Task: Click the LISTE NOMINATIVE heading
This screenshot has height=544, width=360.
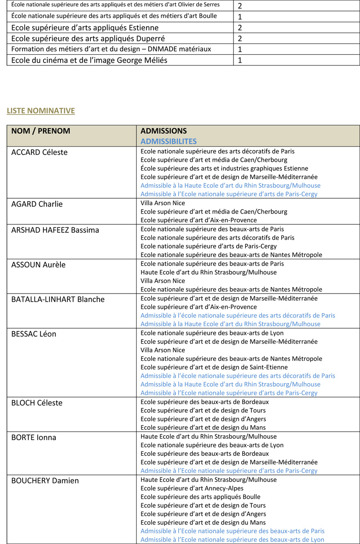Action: pos(41,111)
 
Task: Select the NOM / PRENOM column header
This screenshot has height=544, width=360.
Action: pos(40,131)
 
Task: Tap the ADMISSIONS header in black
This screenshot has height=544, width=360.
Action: pos(163,131)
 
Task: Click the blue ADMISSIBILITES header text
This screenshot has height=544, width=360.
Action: pos(168,141)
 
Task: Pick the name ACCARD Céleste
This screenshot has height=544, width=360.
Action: pos(40,152)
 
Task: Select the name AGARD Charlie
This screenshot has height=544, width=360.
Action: pos(37,204)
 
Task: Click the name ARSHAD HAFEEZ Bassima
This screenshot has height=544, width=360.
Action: pos(55,230)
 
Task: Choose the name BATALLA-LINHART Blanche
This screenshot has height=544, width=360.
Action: pos(58,299)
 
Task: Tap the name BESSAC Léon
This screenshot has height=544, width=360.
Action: pos(34,334)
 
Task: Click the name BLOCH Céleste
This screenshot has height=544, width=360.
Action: pos(37,403)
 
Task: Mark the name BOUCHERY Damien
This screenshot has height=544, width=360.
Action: pos(45,481)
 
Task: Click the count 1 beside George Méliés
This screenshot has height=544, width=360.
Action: pos(240,60)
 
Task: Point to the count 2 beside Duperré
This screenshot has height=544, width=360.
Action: pos(240,38)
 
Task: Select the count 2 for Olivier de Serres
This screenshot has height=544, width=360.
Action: pos(240,6)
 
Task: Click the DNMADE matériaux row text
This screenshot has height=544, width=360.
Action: pos(111,49)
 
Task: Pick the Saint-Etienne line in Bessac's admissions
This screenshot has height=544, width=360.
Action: pos(214,367)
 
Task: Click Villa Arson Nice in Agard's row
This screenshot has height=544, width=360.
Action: pos(163,203)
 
